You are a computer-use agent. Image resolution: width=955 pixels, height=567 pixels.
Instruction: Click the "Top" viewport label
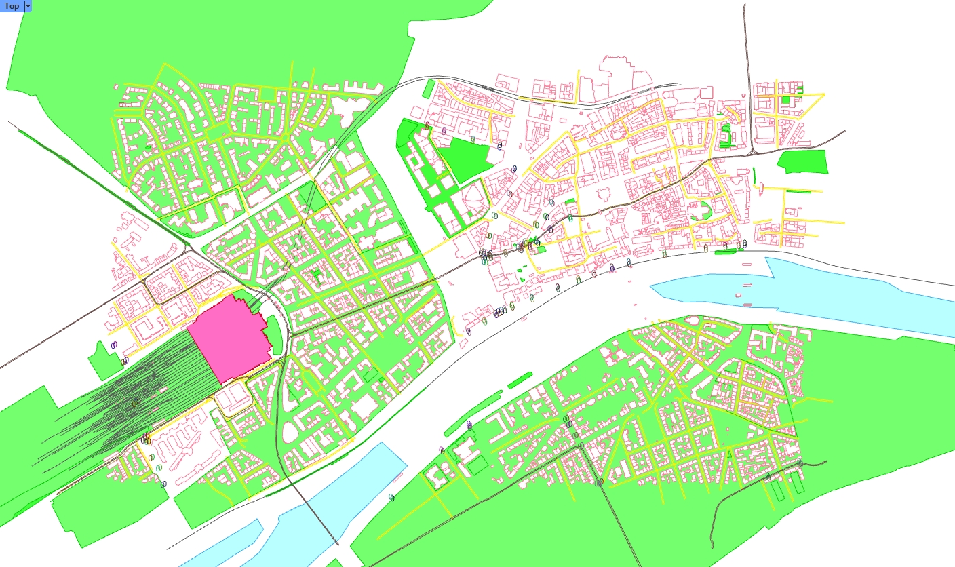click(x=12, y=6)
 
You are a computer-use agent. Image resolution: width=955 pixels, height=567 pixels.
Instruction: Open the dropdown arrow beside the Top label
click(x=28, y=6)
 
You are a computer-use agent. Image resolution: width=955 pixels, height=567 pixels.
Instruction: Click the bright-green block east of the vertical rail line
click(x=803, y=161)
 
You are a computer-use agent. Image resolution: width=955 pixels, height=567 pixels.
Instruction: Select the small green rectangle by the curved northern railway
click(x=429, y=89)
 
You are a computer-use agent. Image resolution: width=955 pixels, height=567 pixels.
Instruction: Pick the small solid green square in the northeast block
click(x=785, y=100)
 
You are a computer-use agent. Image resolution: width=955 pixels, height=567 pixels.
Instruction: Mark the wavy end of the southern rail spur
click(x=712, y=536)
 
